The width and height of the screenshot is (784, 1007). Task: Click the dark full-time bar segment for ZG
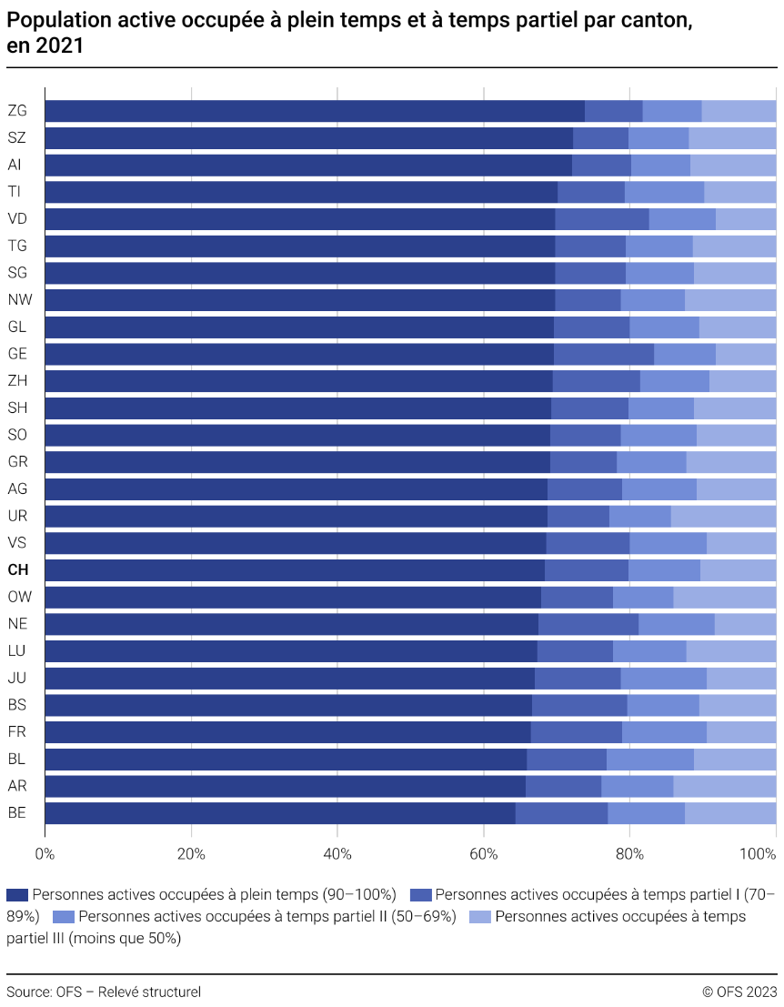click(x=314, y=111)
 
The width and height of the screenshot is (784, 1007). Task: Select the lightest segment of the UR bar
click(x=723, y=517)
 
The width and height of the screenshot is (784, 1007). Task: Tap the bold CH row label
click(x=17, y=570)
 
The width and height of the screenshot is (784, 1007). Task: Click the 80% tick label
click(x=629, y=854)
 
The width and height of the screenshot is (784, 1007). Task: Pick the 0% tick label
click(x=45, y=854)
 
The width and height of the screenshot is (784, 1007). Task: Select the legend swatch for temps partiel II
click(x=65, y=916)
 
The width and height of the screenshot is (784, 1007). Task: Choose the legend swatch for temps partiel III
click(x=480, y=916)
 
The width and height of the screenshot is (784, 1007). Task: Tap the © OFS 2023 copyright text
click(x=739, y=992)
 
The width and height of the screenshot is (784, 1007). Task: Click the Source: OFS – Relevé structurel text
click(x=104, y=992)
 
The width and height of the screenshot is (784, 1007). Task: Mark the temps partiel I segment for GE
click(x=604, y=354)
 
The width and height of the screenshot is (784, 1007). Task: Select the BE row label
click(x=16, y=813)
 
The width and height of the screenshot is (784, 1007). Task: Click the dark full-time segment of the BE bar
click(x=279, y=813)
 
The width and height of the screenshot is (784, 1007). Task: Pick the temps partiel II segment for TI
click(x=664, y=192)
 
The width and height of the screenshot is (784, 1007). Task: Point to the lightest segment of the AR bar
click(x=724, y=786)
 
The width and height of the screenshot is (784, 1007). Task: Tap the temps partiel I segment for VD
click(x=602, y=219)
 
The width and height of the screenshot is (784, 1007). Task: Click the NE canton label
click(x=16, y=624)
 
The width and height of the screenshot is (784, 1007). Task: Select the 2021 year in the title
click(x=64, y=46)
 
